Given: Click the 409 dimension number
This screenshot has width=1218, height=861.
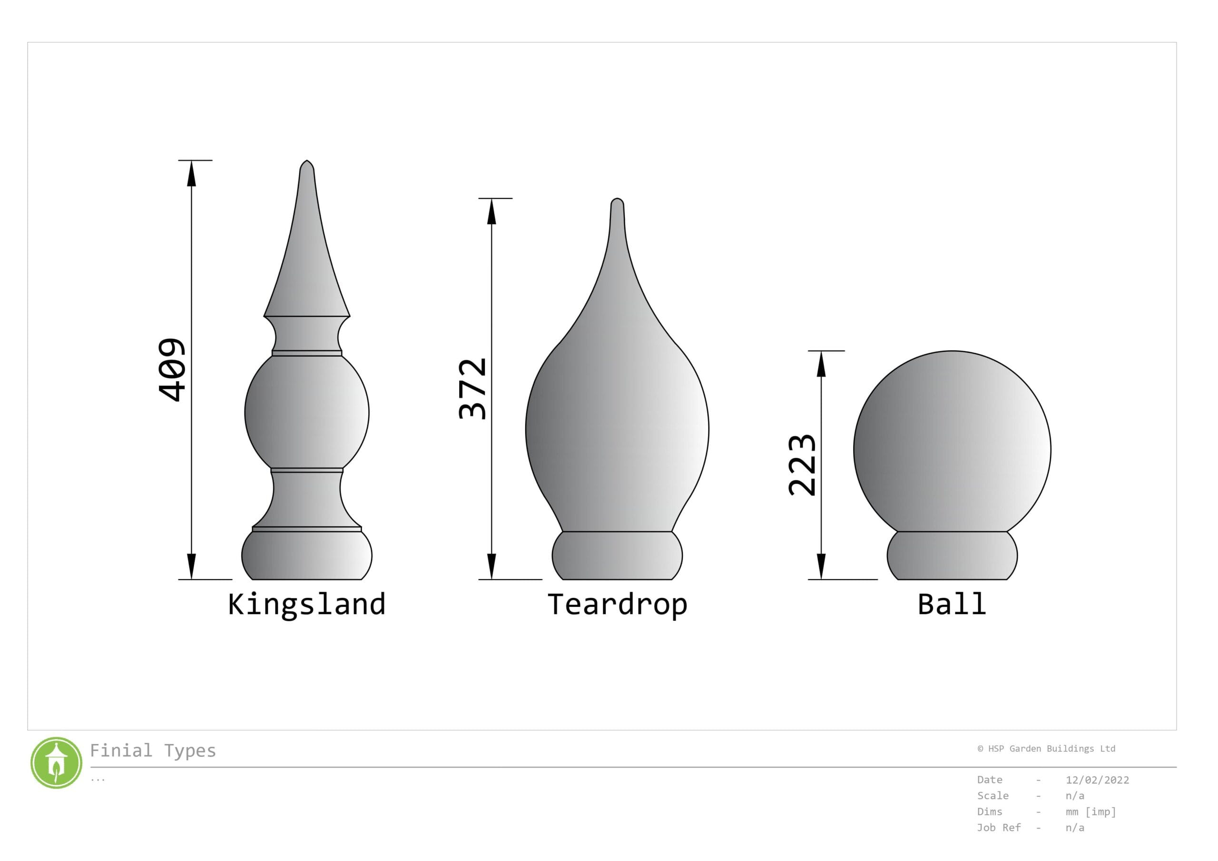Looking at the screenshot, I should [x=172, y=370].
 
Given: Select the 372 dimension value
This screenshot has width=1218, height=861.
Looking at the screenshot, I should [x=472, y=389].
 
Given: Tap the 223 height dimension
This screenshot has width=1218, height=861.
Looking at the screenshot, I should [x=802, y=465].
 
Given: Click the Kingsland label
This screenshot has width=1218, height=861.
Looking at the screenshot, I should [x=306, y=604].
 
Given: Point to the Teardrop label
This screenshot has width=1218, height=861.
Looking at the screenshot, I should [x=617, y=604].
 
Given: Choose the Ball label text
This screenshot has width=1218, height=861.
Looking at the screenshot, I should [x=952, y=604].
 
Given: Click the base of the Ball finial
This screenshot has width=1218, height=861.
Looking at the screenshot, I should [x=952, y=555].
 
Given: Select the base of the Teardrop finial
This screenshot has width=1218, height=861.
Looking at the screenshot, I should [x=617, y=555].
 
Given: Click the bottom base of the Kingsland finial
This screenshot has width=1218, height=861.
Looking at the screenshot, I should [x=306, y=555].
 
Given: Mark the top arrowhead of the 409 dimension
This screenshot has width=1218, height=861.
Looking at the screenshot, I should [x=192, y=174].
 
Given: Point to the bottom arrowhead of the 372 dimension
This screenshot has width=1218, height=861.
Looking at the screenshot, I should [x=492, y=565].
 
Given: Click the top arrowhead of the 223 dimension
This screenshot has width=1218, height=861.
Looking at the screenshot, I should [x=821, y=364].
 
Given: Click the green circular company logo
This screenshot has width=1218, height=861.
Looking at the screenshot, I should [x=56, y=763].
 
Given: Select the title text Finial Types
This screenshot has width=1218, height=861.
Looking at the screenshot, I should [x=153, y=751].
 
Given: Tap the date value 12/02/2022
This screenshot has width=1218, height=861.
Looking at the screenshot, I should [x=1097, y=780].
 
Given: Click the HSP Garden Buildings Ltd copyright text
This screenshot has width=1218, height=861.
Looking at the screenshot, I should [x=1046, y=749].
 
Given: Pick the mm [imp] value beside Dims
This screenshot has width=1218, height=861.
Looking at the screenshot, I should [x=1090, y=812].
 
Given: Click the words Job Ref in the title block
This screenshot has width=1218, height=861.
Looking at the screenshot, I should [x=998, y=828].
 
